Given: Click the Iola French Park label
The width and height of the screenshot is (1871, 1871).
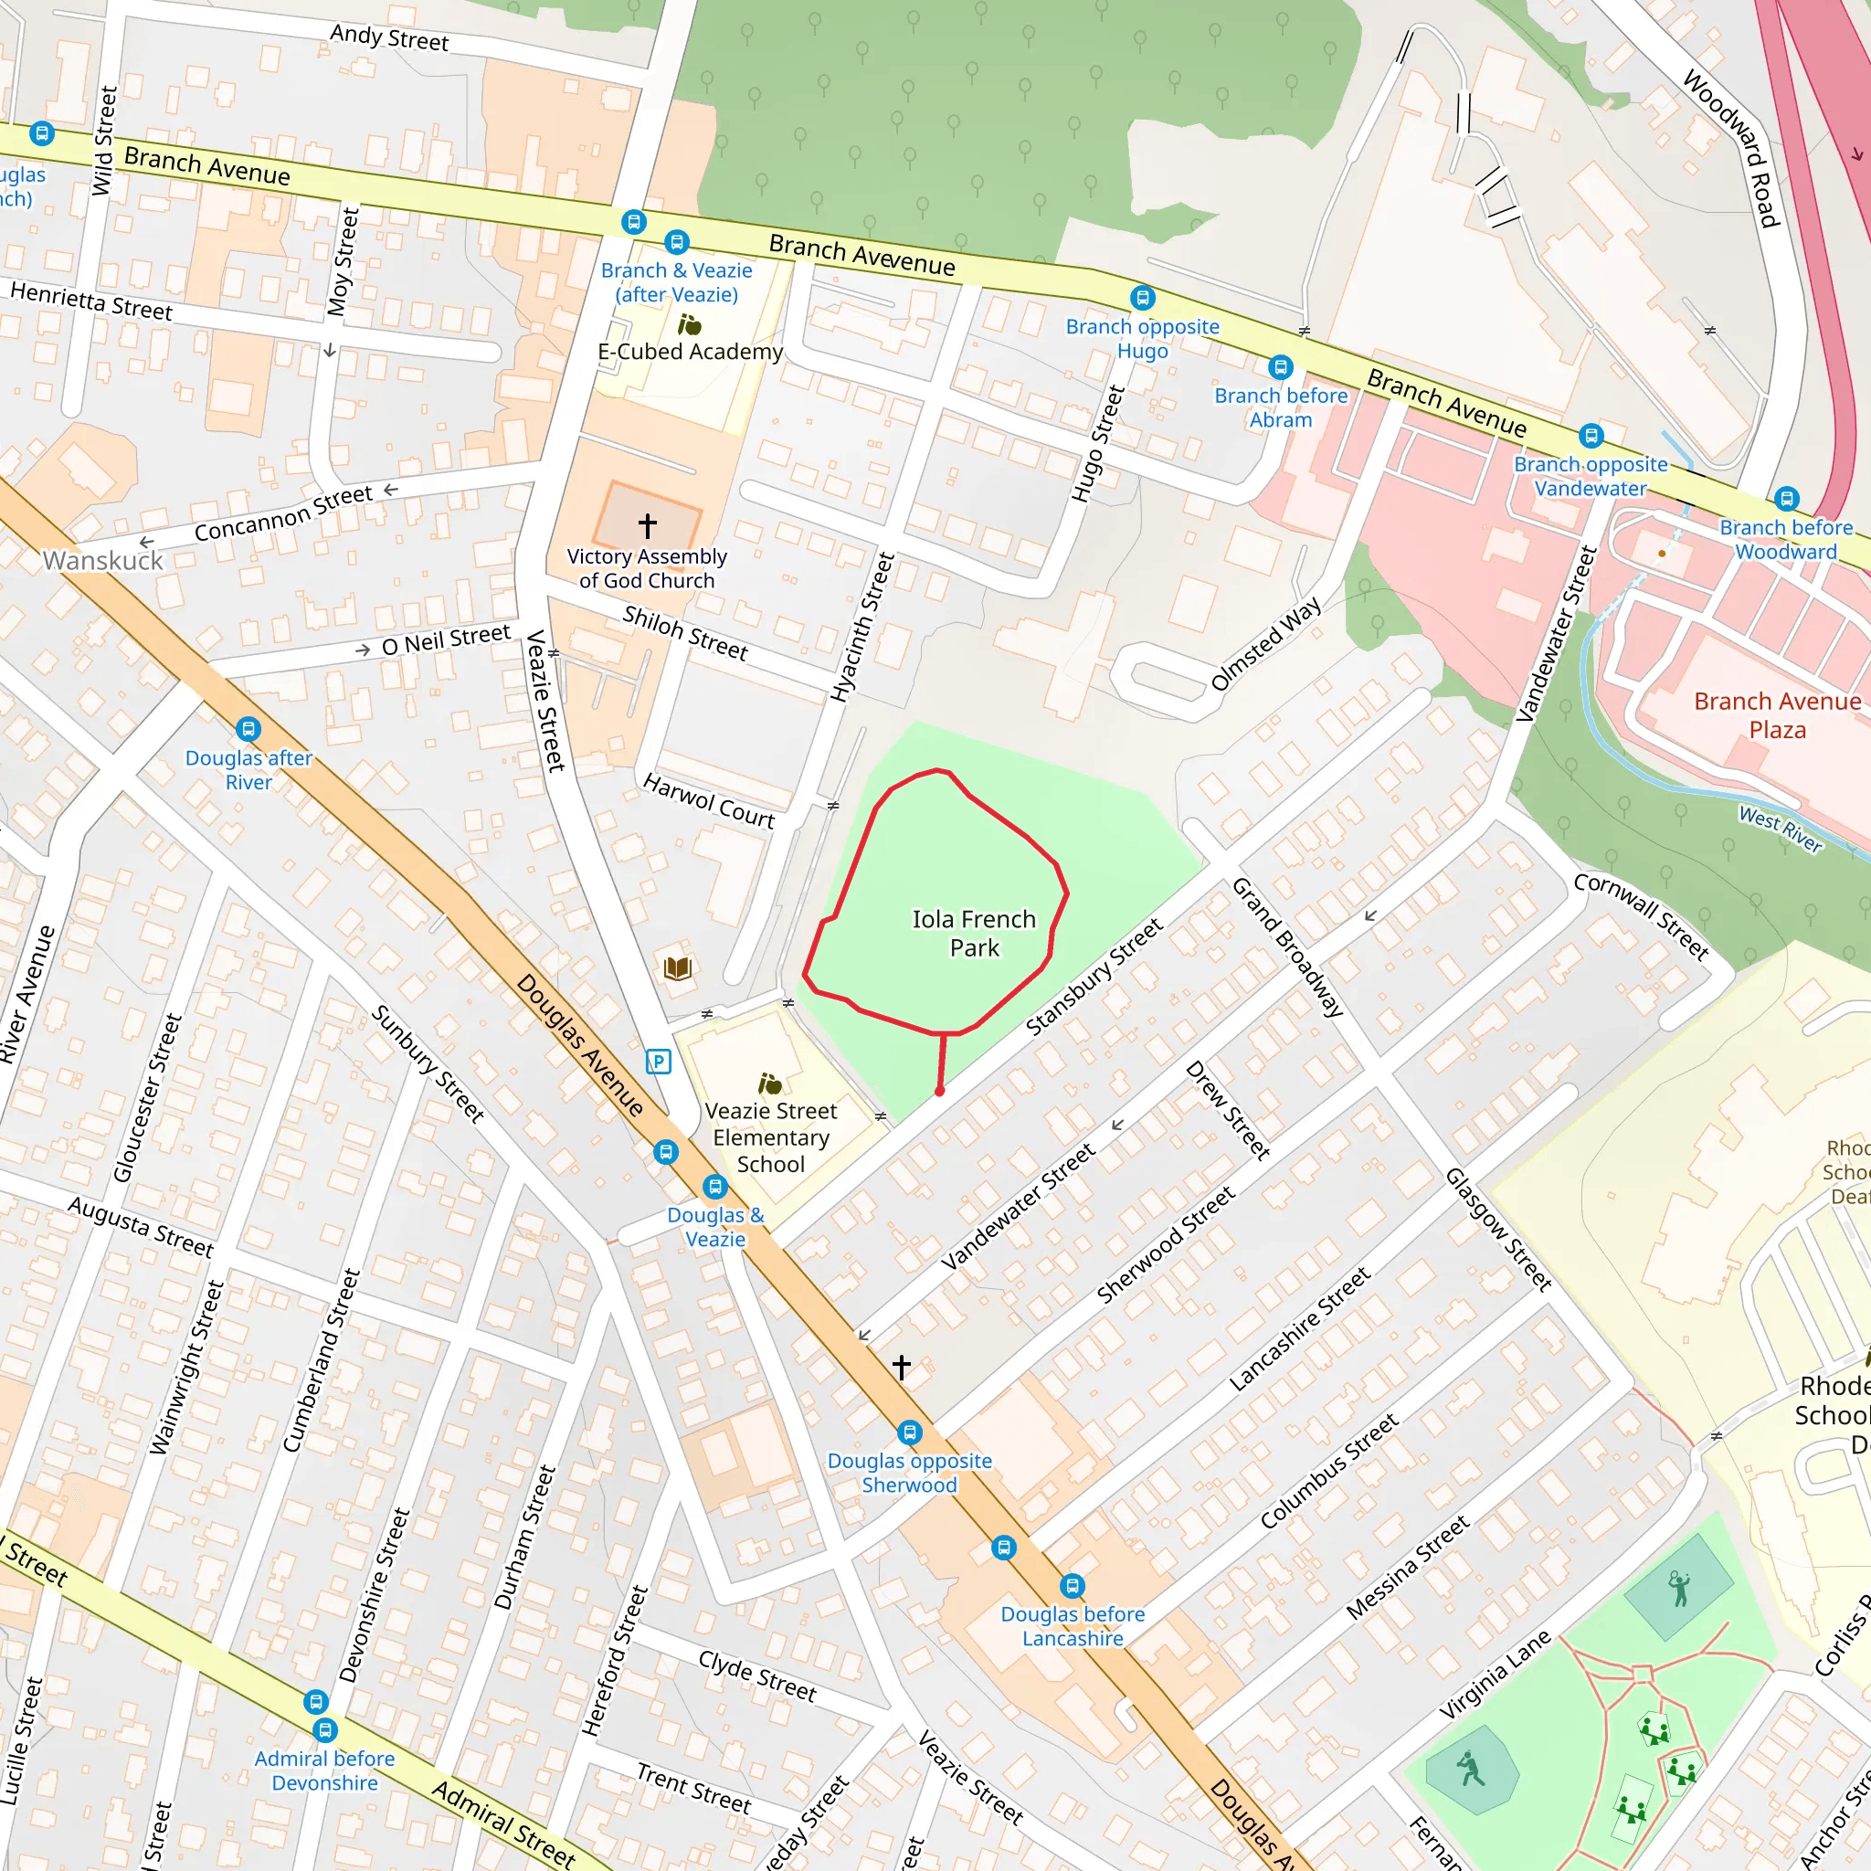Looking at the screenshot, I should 973,933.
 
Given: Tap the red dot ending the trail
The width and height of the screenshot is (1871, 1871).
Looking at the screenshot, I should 939,1092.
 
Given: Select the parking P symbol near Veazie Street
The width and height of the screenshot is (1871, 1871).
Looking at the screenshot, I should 659,1062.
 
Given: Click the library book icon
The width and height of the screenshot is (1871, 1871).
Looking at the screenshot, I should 678,967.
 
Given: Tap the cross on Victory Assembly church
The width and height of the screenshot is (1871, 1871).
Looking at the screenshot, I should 648,525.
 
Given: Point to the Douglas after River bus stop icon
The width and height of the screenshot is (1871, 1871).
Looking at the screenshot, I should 248,728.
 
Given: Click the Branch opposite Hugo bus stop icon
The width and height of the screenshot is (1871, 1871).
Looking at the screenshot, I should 1143,297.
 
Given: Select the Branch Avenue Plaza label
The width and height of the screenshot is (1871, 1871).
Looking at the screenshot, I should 1777,714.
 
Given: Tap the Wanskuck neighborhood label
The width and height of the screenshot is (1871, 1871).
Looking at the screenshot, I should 102,561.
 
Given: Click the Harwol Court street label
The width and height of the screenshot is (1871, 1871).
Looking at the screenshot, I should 709,800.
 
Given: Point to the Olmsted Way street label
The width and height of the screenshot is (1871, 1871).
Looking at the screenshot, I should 1265,644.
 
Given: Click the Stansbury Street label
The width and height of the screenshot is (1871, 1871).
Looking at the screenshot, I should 1094,978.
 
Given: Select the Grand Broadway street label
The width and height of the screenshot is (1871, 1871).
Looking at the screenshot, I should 1286,947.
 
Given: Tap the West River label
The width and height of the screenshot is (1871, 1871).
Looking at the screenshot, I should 1780,829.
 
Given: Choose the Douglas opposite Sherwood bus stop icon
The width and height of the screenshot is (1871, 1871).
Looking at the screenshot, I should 909,1432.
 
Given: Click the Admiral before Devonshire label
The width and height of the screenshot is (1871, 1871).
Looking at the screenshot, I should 324,1771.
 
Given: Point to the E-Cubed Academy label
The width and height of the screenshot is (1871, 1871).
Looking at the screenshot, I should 690,352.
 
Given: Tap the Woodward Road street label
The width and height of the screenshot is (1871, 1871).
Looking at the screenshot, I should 1731,147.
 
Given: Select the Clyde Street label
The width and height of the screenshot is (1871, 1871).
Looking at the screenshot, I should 757,1675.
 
